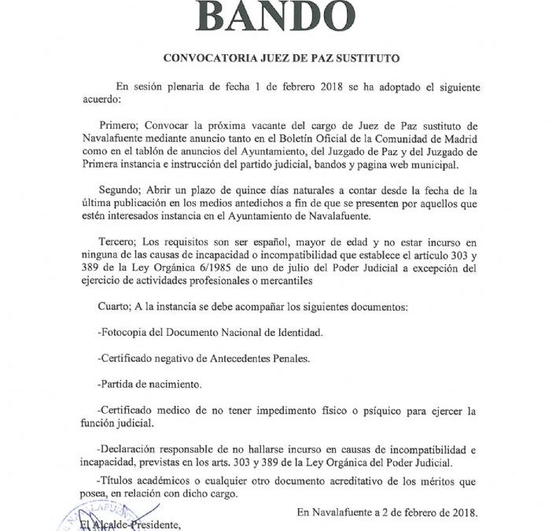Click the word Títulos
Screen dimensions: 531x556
123,481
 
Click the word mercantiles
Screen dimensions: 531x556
289,280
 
